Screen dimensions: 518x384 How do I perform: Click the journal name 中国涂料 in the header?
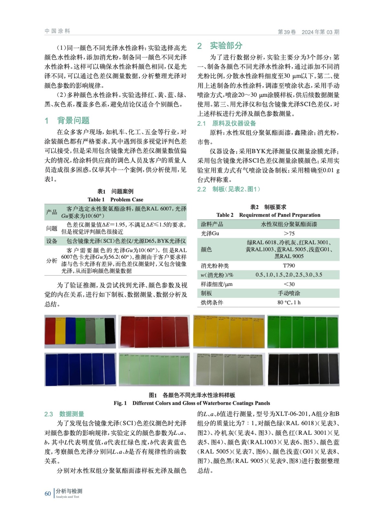click(57, 31)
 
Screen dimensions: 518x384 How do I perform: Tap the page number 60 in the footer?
click(48, 493)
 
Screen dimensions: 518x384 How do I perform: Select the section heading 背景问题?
click(73, 120)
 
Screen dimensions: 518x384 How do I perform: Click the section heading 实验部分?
click(226, 46)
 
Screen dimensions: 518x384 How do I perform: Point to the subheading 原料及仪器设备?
click(234, 123)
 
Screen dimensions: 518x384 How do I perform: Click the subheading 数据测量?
click(71, 414)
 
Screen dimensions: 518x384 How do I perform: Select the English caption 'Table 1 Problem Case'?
click(115, 199)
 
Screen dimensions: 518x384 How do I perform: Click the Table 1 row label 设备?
click(52, 241)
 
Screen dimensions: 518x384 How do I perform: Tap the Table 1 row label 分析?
click(52, 261)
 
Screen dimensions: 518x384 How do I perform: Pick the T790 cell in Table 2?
click(289, 265)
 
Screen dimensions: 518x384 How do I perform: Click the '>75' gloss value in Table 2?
click(289, 233)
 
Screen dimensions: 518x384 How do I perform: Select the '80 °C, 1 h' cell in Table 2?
click(289, 302)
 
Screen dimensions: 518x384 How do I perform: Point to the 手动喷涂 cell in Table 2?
click(289, 293)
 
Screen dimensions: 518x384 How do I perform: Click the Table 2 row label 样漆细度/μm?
click(216, 284)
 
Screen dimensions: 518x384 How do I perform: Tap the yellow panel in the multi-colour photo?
click(60, 332)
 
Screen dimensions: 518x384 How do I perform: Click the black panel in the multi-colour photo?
click(110, 331)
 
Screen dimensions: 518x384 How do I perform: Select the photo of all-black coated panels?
click(303, 369)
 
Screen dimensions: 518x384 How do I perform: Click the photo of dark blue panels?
click(80, 369)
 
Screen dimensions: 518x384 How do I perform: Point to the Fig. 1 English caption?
click(192, 403)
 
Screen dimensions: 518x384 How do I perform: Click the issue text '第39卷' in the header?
click(287, 32)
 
